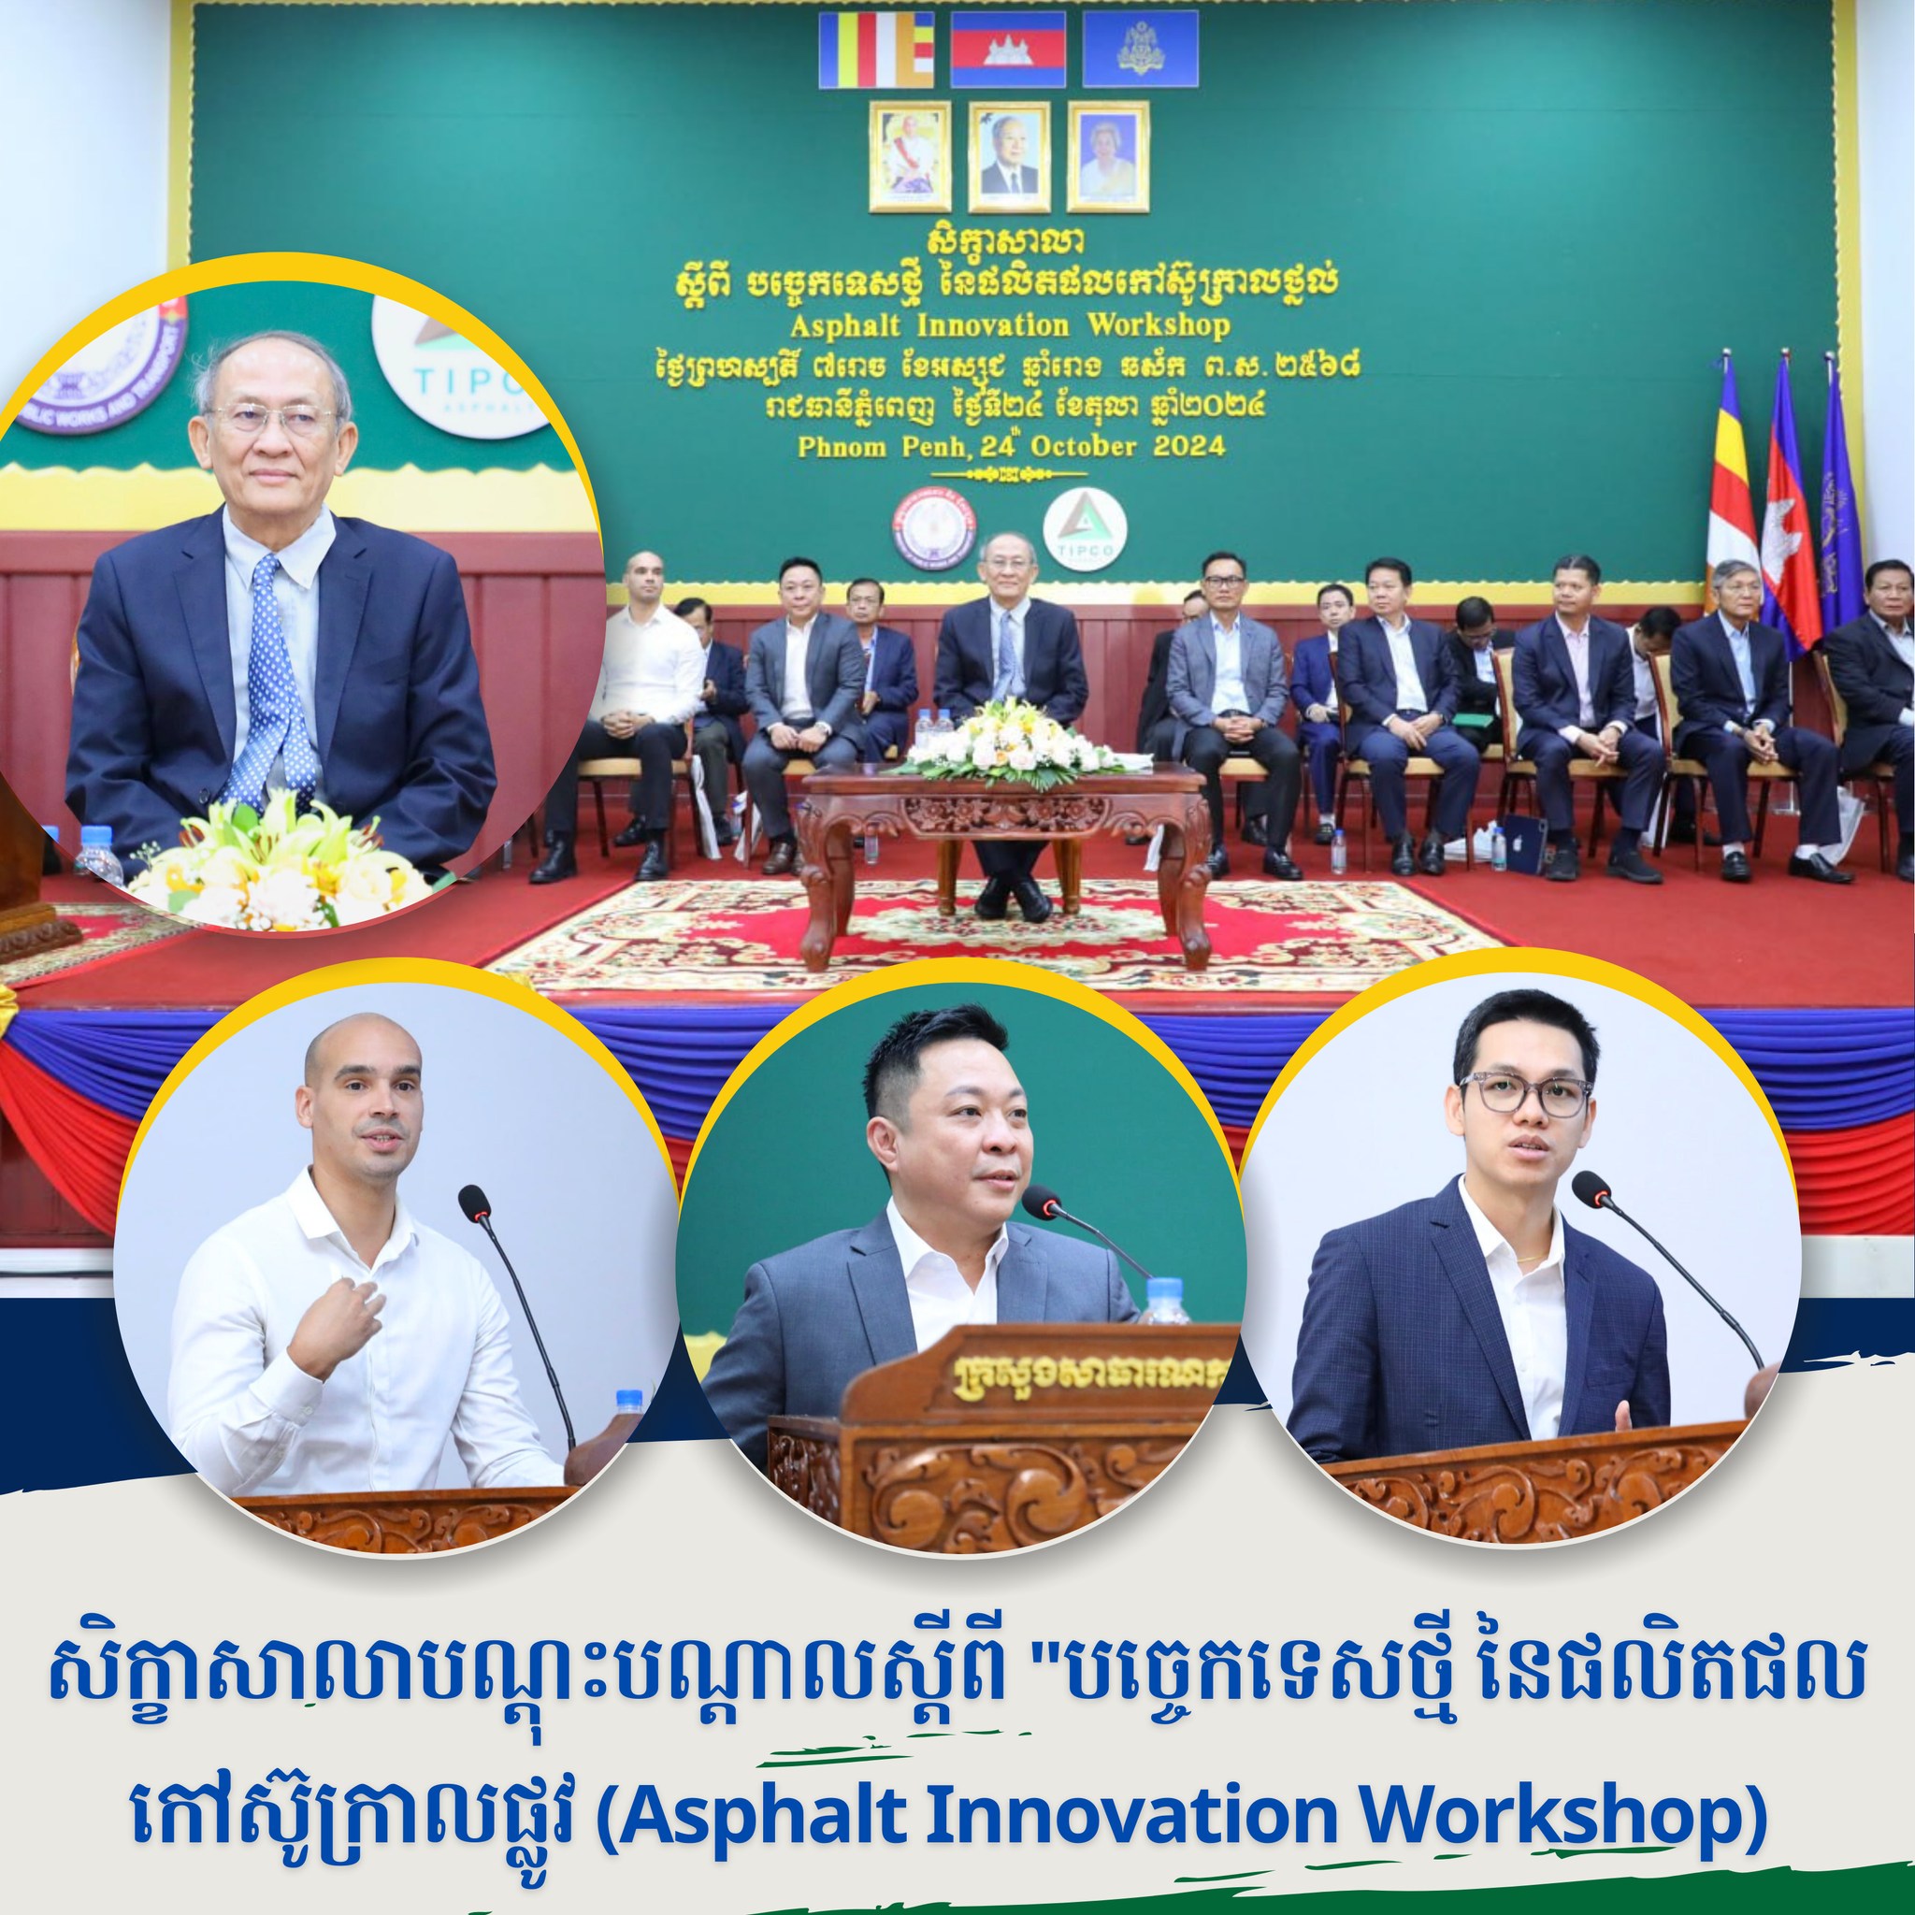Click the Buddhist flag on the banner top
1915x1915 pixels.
(x=876, y=50)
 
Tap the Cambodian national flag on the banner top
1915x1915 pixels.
(x=1008, y=50)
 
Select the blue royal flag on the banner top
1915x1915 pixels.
(x=1140, y=50)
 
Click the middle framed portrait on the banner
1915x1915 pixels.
(x=1009, y=155)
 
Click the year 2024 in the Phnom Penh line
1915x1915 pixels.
(x=1188, y=445)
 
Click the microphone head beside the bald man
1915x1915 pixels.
(x=474, y=1203)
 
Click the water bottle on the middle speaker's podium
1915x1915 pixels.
(x=1166, y=1301)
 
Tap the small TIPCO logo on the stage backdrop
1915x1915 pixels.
(x=1072, y=533)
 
